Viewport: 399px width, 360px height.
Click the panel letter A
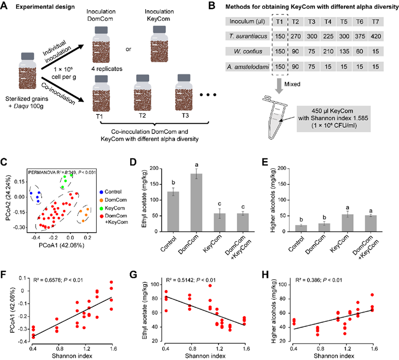point(7,6)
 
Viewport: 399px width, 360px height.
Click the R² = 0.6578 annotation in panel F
point(60,267)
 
